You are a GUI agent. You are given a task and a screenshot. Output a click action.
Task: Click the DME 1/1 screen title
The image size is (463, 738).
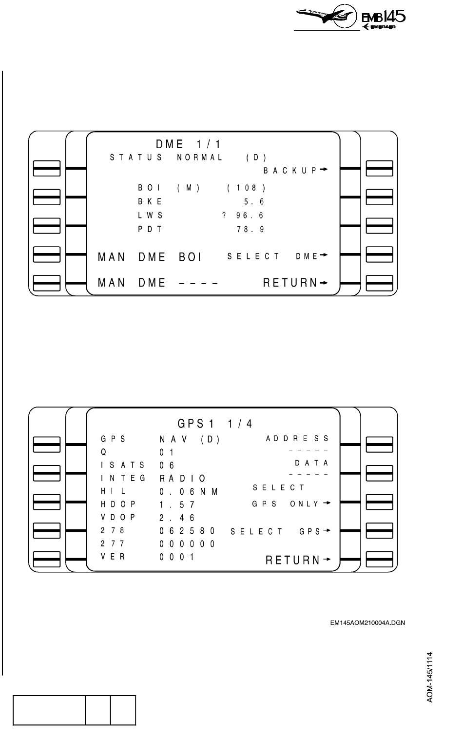click(188, 145)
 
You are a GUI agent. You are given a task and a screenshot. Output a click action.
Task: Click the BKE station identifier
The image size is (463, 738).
click(150, 202)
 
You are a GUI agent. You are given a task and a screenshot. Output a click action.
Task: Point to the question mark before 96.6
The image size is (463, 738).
click(224, 216)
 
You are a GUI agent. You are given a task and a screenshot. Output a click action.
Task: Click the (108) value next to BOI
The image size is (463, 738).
click(246, 188)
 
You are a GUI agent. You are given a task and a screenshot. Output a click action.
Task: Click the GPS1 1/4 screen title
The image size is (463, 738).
click(215, 423)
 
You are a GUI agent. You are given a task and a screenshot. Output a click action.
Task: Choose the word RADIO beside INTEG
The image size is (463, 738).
click(183, 479)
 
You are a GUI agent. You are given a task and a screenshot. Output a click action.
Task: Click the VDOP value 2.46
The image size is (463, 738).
click(177, 518)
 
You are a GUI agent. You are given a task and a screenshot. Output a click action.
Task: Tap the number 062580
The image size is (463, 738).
click(187, 531)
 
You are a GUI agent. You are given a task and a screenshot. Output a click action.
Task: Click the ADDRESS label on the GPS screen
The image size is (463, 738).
click(297, 439)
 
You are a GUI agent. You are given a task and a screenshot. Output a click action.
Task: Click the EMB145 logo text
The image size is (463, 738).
click(384, 18)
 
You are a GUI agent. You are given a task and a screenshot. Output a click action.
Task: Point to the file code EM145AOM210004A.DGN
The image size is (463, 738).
click(367, 622)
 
